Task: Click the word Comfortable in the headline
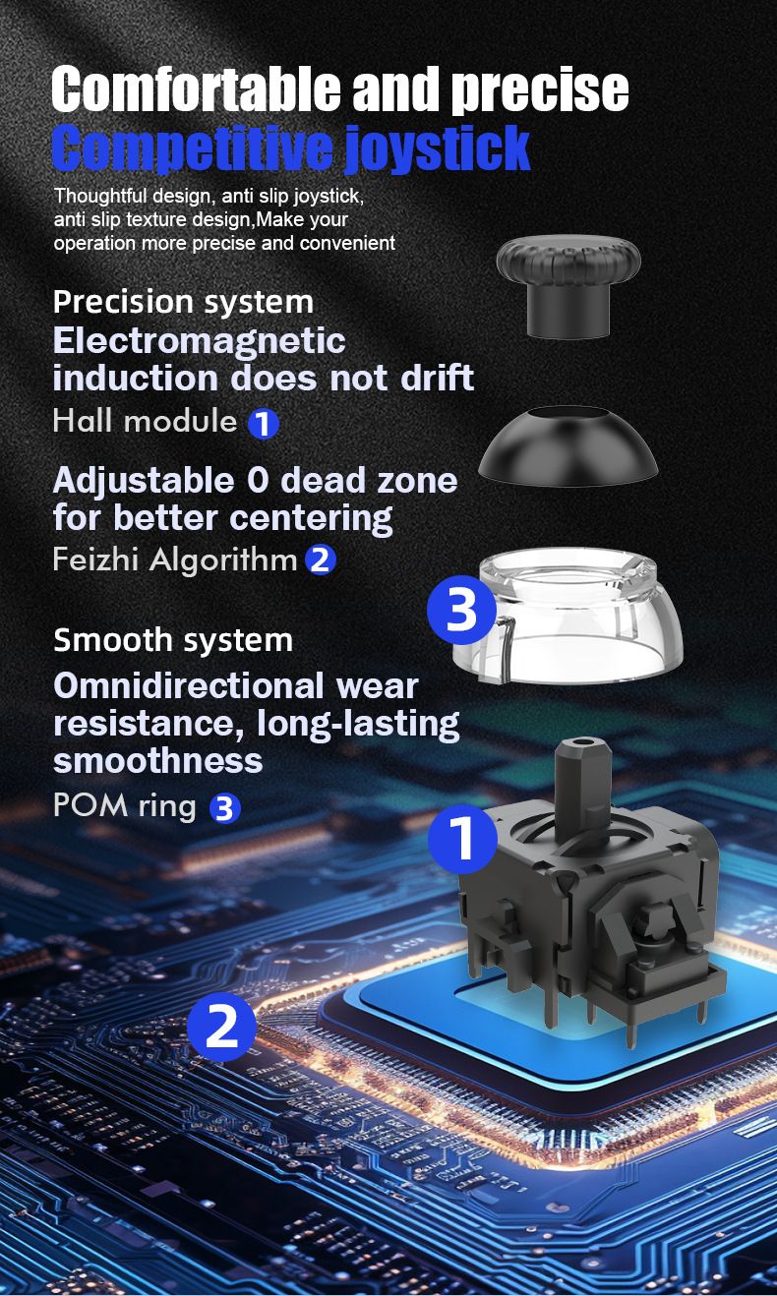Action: (x=197, y=88)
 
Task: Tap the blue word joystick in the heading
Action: (x=438, y=149)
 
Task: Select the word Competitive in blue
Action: (x=192, y=148)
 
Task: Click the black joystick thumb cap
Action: (x=568, y=286)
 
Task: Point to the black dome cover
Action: (x=568, y=444)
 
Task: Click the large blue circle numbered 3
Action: (x=461, y=610)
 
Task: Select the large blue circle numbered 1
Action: (x=463, y=839)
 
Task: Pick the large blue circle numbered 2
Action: (x=221, y=1026)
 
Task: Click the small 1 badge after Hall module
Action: (x=264, y=424)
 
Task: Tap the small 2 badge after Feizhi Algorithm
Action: (x=321, y=560)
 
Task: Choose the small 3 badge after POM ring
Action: (x=224, y=808)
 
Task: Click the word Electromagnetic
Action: (x=200, y=340)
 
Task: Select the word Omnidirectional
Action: (x=189, y=686)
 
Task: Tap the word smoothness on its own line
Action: (x=158, y=761)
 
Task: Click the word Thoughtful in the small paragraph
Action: (x=101, y=196)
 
